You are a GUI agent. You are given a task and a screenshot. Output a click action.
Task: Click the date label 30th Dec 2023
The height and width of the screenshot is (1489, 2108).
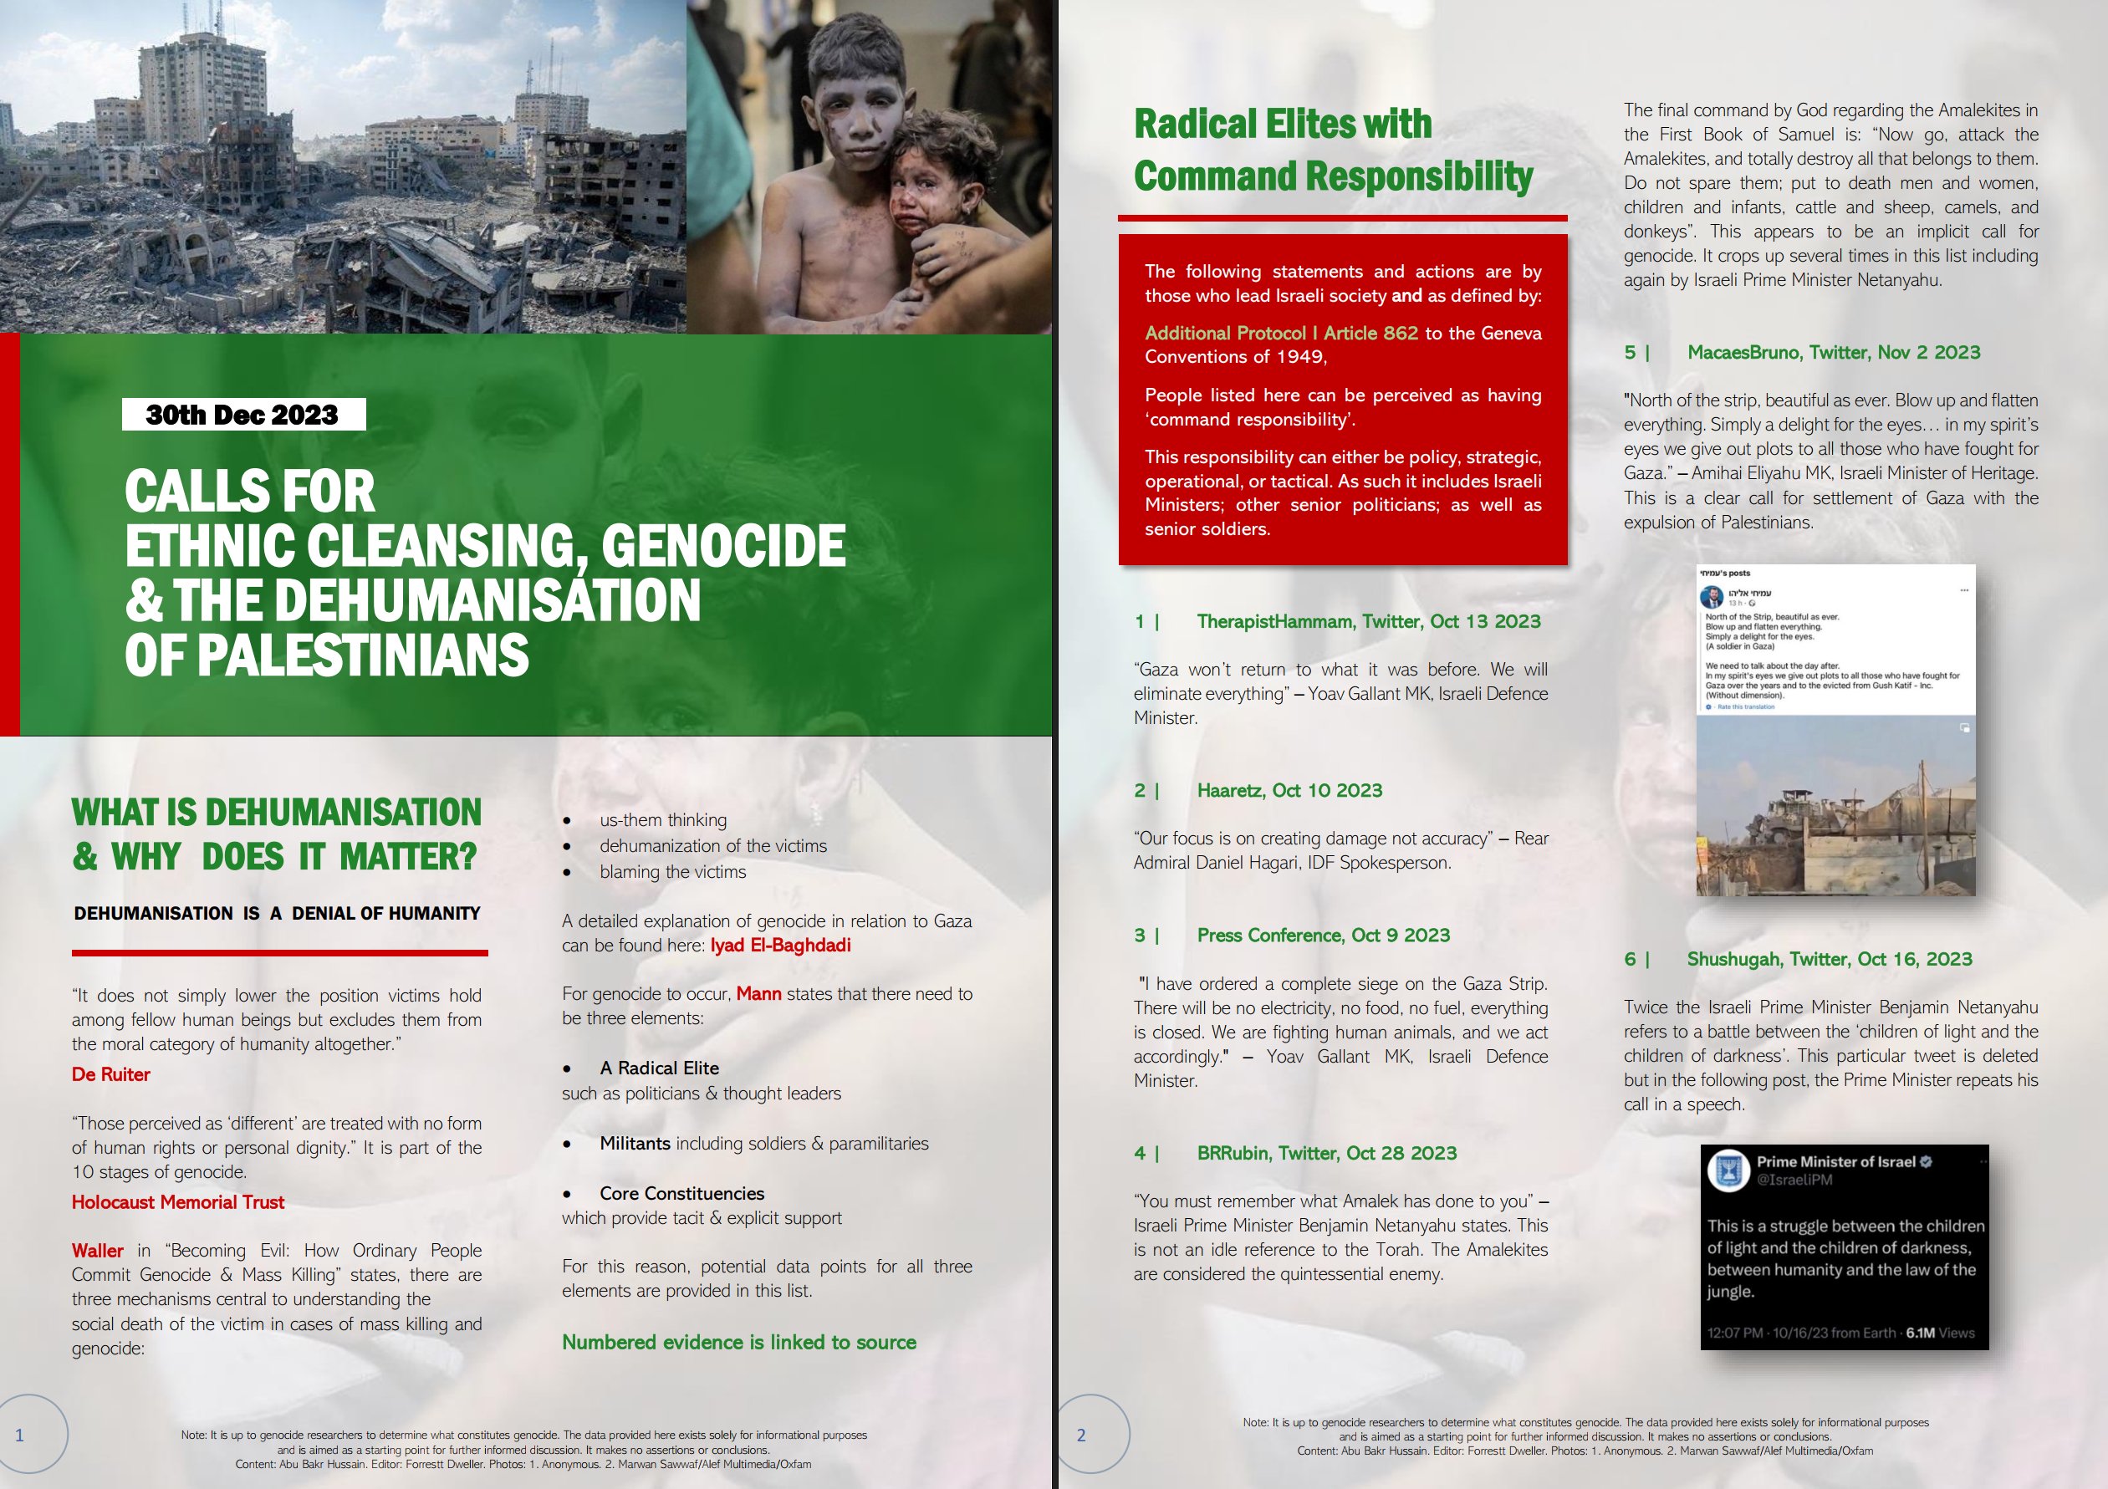coord(242,415)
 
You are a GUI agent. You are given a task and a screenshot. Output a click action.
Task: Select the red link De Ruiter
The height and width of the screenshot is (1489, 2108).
coord(111,1074)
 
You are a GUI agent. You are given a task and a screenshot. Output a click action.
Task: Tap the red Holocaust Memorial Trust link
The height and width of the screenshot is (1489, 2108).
coord(178,1201)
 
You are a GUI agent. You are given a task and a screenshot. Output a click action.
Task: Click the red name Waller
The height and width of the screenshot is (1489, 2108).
coord(97,1251)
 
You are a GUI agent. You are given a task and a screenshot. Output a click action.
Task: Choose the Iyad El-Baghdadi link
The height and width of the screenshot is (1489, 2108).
coord(780,946)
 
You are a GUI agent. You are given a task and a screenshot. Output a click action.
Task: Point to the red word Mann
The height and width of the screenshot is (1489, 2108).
coord(758,993)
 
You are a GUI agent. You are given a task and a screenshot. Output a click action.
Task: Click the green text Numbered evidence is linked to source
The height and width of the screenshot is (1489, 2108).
coord(739,1342)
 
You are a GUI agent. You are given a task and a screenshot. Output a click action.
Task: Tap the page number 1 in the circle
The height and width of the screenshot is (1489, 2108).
coord(20,1435)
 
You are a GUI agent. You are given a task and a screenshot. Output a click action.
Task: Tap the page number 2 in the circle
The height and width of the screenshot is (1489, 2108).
coord(1081,1435)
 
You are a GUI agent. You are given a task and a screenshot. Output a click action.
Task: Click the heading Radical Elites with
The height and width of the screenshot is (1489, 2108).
coord(1283,124)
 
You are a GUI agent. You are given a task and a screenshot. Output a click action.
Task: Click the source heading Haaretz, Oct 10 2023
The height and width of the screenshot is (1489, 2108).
coord(1289,790)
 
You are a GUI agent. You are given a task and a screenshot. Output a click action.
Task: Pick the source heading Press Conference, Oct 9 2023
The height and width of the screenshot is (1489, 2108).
coord(1323,936)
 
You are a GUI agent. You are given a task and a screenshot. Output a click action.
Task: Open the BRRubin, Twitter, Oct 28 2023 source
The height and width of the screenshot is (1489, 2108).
coord(1327,1153)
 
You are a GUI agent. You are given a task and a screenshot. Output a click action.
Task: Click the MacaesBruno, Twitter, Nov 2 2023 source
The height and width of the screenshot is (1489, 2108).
coord(1834,353)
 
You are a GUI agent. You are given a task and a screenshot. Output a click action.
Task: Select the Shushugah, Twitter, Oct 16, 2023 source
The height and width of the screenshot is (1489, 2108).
coord(1829,959)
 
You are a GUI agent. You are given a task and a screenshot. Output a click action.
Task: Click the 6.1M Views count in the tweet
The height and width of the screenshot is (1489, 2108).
coord(1939,1333)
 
